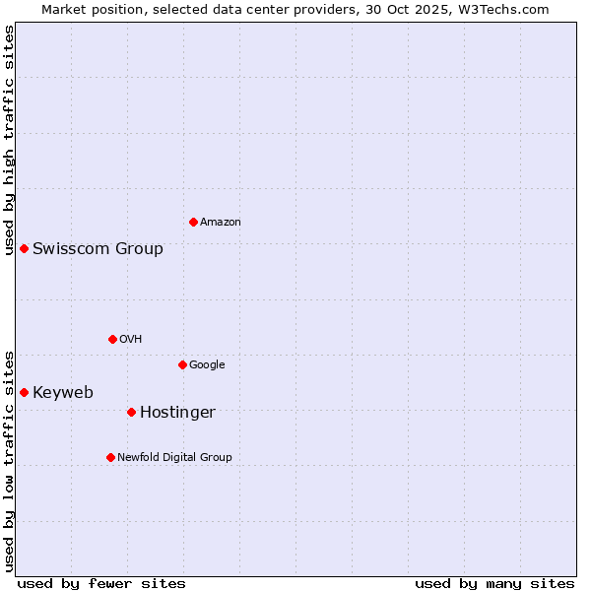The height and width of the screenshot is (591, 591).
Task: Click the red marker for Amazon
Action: point(193,222)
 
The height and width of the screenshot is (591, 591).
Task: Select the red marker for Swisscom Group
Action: point(24,248)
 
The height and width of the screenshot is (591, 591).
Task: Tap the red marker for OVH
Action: point(112,339)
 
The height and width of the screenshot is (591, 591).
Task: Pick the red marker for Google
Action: point(182,364)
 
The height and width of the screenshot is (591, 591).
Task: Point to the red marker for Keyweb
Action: point(24,392)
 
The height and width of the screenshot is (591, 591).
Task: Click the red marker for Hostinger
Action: point(131,412)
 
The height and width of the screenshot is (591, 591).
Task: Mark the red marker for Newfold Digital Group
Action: point(110,457)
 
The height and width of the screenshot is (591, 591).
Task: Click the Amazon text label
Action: point(221,223)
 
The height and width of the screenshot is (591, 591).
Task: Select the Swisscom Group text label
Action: point(98,248)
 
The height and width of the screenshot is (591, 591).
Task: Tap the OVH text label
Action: point(131,340)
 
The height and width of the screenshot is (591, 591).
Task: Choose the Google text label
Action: point(207,365)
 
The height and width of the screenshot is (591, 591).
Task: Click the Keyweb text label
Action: point(63,392)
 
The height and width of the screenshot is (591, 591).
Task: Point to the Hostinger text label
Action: point(177,412)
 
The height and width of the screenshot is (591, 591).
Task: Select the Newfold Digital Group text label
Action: point(174,457)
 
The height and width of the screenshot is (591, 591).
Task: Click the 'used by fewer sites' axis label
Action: point(101,583)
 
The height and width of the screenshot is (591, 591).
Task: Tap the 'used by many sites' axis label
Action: point(494,583)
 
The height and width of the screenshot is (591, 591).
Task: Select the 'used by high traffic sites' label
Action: point(9,140)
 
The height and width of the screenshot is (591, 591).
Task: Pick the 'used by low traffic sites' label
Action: point(9,460)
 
